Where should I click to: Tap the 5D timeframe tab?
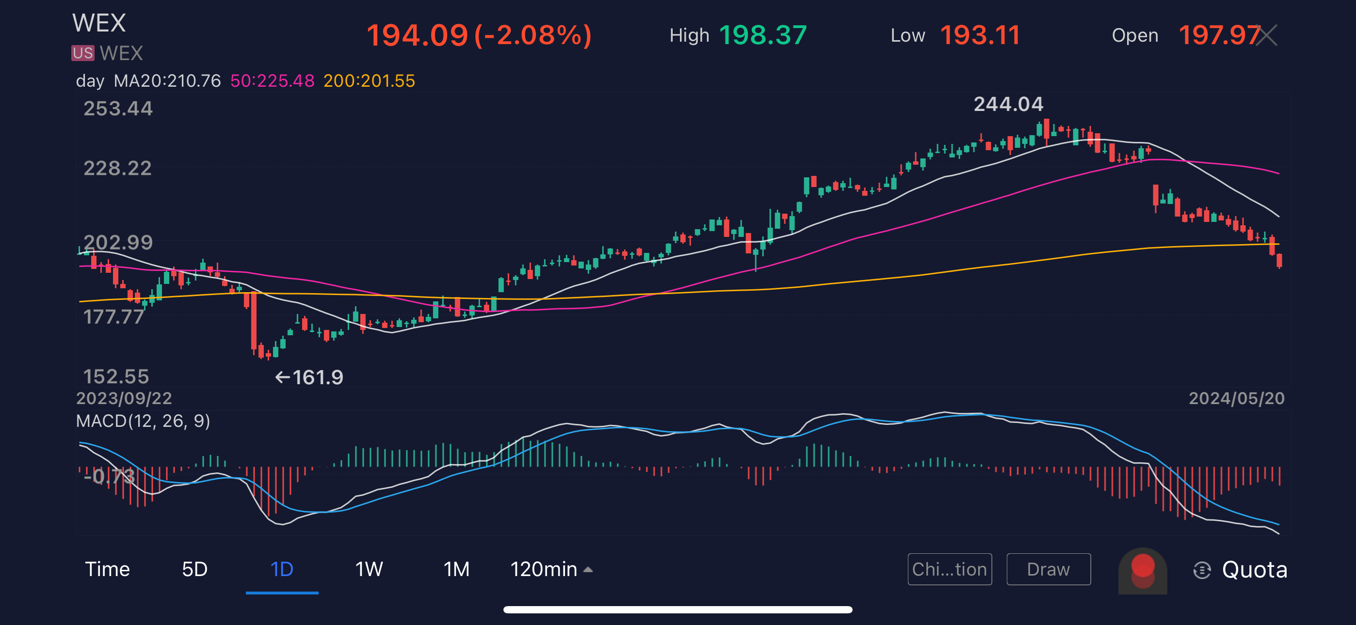click(x=194, y=569)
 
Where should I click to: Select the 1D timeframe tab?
click(x=282, y=569)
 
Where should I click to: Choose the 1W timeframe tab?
click(x=369, y=569)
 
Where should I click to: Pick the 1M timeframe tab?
click(x=456, y=569)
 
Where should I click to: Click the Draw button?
click(x=1048, y=569)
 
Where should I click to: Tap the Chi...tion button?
click(x=949, y=569)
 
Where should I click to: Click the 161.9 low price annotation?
click(x=309, y=377)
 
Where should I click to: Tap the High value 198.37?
click(x=763, y=35)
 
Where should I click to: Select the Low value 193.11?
click(x=980, y=35)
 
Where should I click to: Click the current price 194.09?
click(x=417, y=35)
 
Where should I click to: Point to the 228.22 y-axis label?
click(x=117, y=168)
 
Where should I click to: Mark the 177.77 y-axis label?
click(x=113, y=317)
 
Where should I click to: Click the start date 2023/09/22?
click(x=124, y=398)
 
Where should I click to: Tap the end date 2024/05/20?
click(x=1236, y=398)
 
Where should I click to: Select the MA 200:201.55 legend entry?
click(x=369, y=80)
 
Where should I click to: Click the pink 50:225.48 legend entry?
click(x=272, y=80)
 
